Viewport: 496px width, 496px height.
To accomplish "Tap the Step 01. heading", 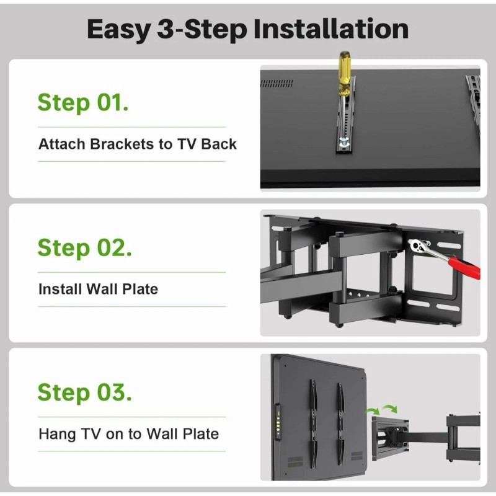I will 83,102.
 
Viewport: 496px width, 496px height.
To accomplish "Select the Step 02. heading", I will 84,247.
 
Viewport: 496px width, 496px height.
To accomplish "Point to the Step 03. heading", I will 84,392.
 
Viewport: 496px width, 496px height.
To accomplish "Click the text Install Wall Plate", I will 98,289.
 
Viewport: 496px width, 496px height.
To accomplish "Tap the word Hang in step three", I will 56,433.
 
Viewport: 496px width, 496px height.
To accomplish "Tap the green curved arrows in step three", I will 381,409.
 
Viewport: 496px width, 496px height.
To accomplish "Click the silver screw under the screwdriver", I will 343,144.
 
